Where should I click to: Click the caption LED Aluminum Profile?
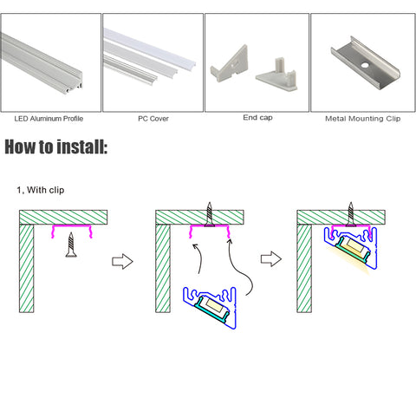[x=49, y=119]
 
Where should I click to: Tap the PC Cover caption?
[x=153, y=119]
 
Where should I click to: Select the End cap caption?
[x=257, y=118]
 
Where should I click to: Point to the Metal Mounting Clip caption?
[x=363, y=119]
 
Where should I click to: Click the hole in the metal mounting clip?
[x=365, y=65]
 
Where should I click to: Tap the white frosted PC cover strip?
[x=150, y=49]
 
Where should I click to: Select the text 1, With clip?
[x=41, y=190]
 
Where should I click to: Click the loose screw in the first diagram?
[x=71, y=245]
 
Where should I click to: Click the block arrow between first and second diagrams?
[x=122, y=261]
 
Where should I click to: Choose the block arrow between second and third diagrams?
[x=271, y=258]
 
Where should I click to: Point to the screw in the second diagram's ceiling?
[x=210, y=214]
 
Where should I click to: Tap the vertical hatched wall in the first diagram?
[x=27, y=269]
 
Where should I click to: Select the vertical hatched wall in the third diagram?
[x=304, y=269]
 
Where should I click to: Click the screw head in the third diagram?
[x=351, y=224]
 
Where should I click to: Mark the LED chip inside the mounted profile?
[x=352, y=245]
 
